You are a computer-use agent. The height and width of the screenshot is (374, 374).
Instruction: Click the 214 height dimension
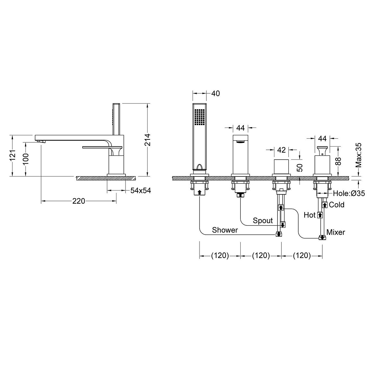click(148, 140)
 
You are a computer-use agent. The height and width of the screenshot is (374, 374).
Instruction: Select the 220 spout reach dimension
click(79, 201)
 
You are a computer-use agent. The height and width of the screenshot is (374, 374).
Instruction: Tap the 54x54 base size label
click(141, 191)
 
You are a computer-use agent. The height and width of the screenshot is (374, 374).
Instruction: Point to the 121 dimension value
click(12, 155)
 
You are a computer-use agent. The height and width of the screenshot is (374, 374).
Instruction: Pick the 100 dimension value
click(26, 159)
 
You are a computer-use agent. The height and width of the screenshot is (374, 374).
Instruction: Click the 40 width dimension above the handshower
click(215, 93)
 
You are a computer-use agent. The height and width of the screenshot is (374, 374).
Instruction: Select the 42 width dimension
click(282, 150)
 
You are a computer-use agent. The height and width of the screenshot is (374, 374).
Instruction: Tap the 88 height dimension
click(338, 161)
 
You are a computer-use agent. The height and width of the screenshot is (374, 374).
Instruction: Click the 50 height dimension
click(300, 168)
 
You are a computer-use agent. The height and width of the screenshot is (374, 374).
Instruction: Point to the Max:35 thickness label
click(358, 155)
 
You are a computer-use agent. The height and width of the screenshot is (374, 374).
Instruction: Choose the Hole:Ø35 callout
click(349, 193)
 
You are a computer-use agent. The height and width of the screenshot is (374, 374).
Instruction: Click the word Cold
click(337, 205)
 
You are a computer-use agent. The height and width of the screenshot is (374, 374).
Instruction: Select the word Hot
click(310, 215)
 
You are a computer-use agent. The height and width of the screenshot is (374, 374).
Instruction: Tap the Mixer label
click(336, 232)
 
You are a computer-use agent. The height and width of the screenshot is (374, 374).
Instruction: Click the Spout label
click(262, 221)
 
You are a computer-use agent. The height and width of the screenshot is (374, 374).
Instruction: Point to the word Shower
click(225, 230)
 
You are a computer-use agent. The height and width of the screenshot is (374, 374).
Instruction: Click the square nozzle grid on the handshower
click(200, 117)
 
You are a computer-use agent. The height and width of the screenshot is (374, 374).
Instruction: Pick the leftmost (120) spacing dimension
click(220, 256)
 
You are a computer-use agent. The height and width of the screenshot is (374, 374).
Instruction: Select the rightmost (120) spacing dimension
click(302, 256)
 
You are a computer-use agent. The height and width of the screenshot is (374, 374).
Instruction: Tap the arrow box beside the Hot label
click(320, 215)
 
